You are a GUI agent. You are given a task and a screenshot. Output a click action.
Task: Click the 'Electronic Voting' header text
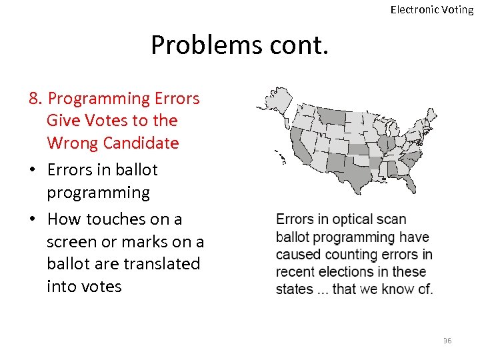point(431,9)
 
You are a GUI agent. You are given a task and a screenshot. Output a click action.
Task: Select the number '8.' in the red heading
point(37,99)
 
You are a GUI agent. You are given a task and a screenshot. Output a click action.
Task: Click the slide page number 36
point(447,341)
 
